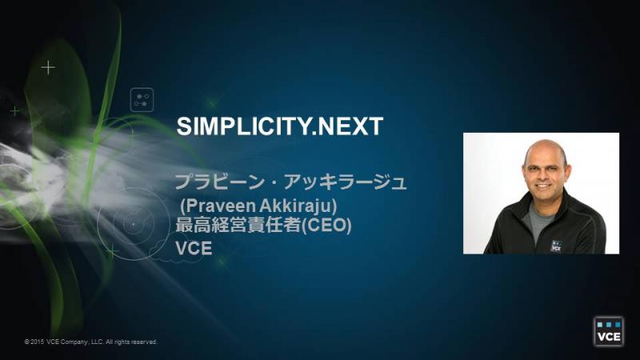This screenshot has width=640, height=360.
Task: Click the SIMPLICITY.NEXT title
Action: point(279,126)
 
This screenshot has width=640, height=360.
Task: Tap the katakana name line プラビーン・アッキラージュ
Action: point(290,182)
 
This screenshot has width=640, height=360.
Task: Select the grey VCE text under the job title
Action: point(194,248)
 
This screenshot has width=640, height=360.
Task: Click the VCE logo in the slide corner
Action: point(608,331)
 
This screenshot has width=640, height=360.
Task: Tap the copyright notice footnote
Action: point(90,342)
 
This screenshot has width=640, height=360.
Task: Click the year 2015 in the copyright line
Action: point(37,342)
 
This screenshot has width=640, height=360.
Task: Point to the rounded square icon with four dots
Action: point(142,99)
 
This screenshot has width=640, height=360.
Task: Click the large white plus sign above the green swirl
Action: point(48,67)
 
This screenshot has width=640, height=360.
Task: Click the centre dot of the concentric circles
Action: point(134,224)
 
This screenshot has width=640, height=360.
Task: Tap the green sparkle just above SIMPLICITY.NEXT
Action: point(213,103)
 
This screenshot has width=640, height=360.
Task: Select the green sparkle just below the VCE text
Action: point(222,261)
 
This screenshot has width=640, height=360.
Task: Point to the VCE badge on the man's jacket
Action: point(556,246)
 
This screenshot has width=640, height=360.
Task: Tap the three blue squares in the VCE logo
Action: point(608,325)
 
